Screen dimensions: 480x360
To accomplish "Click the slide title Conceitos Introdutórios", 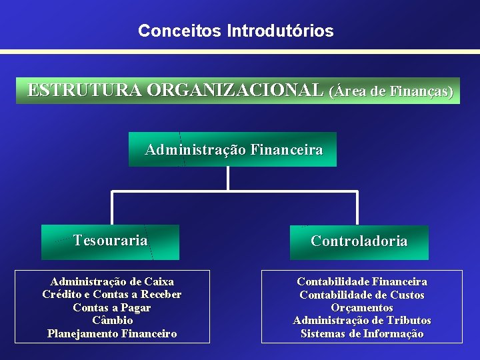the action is click(x=236, y=31).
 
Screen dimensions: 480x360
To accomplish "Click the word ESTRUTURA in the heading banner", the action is click(x=85, y=91).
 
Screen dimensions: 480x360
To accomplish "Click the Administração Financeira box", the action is click(x=233, y=149).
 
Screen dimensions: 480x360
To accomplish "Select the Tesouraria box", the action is click(x=110, y=241).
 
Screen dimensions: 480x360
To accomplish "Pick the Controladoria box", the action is click(x=359, y=242).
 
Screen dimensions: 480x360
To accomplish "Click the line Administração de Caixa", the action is click(x=112, y=282).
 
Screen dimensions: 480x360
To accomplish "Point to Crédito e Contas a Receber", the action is click(x=112, y=295).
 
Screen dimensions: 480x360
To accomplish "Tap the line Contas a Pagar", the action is click(x=112, y=307).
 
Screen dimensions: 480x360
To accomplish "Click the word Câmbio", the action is click(x=112, y=320).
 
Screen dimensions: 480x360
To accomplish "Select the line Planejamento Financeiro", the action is click(x=112, y=333).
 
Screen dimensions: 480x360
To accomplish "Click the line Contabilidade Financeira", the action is click(x=362, y=282).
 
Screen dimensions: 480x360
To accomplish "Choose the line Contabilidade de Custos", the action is click(x=362, y=295).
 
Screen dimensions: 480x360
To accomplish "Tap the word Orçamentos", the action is click(x=362, y=307).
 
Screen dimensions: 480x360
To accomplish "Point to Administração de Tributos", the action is click(x=362, y=321).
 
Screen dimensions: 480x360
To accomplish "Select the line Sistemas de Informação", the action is click(x=362, y=333).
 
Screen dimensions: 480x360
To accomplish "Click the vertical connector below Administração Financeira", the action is click(x=228, y=179).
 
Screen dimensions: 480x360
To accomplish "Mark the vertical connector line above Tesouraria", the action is click(x=112, y=208).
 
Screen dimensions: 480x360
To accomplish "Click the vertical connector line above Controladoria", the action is click(x=358, y=208).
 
